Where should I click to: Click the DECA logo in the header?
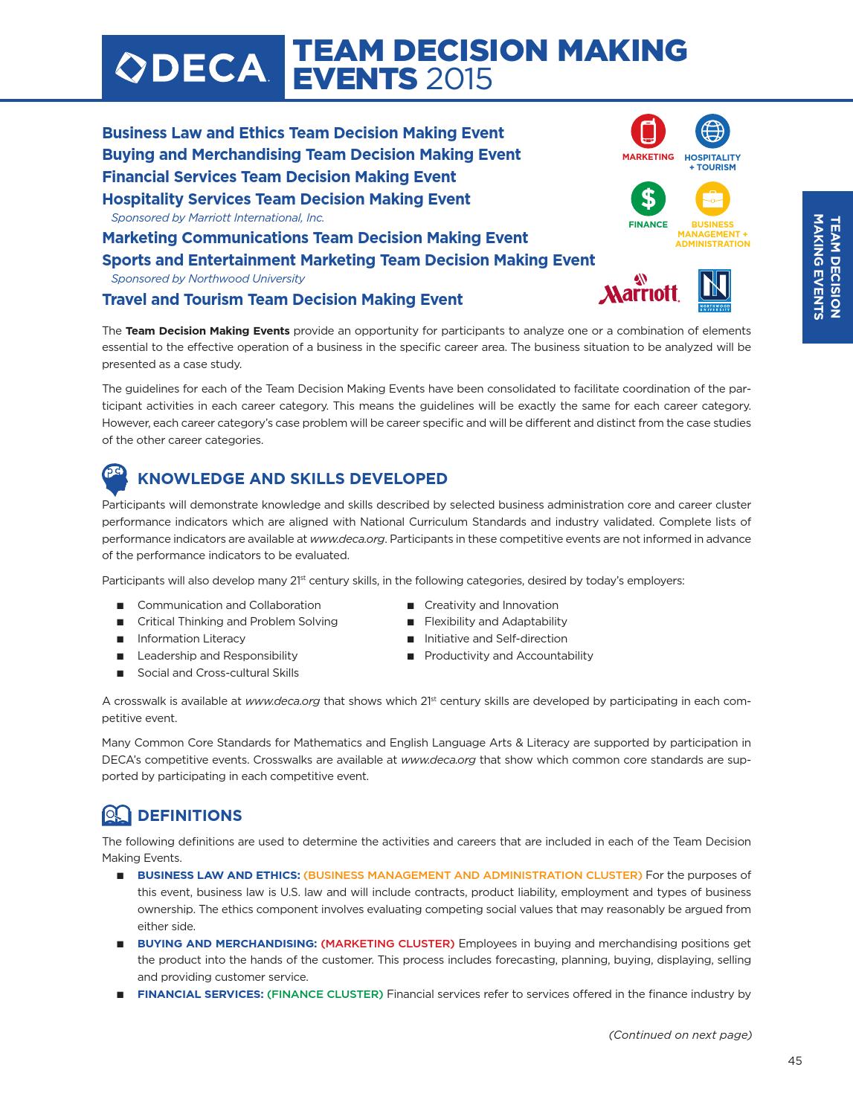point(193,68)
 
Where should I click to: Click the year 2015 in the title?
point(459,78)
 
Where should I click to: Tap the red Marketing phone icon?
point(648,132)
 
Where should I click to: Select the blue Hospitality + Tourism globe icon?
point(712,132)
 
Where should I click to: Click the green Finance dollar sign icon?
point(648,199)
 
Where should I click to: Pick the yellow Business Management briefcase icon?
point(712,199)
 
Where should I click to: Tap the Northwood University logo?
point(714,290)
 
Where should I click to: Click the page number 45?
point(794,1061)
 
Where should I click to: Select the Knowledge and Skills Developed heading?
point(292,479)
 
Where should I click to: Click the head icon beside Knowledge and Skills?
point(115,479)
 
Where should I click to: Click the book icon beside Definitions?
point(116,816)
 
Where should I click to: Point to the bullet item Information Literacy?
point(191,639)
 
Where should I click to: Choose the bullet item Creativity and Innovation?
point(491,605)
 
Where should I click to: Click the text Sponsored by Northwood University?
point(207,279)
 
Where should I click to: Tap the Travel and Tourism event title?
point(282,300)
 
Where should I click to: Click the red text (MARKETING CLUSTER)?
point(387,944)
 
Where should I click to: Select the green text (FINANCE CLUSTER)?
point(325,994)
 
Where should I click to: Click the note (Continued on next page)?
point(680,1035)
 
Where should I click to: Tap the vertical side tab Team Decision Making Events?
point(827,267)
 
